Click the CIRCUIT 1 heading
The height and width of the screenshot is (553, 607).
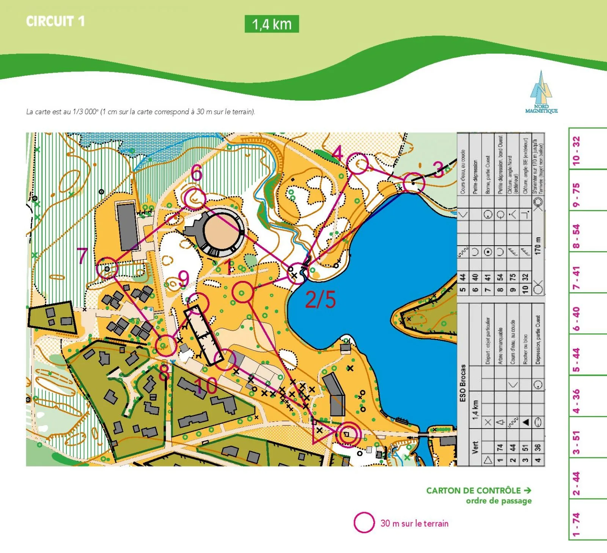coord(55,21)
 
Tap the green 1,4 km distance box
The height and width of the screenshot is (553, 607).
coord(272,24)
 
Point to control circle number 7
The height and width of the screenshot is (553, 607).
coord(107,268)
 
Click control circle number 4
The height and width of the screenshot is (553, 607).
coord(357,164)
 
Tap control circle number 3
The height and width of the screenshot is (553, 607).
coord(414,183)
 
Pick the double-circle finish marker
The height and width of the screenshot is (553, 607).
coord(348,435)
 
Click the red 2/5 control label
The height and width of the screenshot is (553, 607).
coord(321,300)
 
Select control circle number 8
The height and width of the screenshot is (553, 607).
coord(166,345)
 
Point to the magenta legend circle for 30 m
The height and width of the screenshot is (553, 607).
coord(364,523)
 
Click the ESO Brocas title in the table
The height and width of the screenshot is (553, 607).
coord(462,383)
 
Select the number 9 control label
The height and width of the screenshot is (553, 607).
coord(184,278)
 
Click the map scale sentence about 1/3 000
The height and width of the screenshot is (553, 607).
coord(140,112)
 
